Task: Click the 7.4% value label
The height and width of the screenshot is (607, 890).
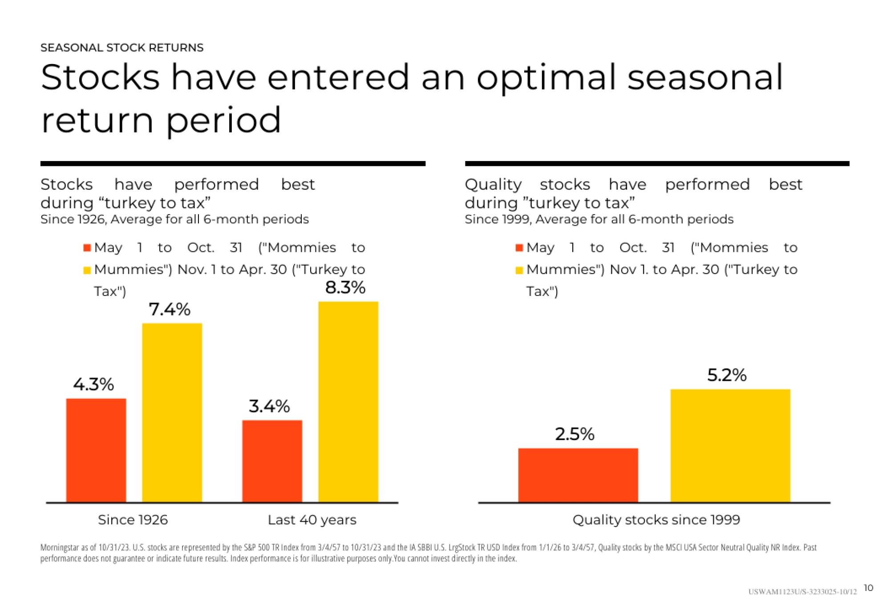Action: (170, 309)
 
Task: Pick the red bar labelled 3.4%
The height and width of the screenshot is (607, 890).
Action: (272, 461)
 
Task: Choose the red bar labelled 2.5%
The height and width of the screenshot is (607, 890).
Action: (578, 475)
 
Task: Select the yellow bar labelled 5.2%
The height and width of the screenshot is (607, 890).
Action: (730, 445)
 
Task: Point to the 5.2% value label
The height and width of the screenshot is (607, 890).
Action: (727, 375)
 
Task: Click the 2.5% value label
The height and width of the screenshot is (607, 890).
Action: (574, 434)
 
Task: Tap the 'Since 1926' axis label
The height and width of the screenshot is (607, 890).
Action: (133, 520)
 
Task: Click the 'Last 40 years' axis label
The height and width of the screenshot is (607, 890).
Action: (312, 520)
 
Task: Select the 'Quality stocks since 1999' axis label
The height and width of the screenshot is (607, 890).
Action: (656, 520)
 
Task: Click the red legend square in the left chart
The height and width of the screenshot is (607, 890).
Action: (87, 248)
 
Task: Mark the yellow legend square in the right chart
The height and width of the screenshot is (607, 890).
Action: (519, 270)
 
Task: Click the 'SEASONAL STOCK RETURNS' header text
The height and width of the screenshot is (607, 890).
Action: (121, 48)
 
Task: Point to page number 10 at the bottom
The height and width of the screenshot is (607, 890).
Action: (868, 588)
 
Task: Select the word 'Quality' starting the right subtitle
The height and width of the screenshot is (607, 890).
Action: (493, 185)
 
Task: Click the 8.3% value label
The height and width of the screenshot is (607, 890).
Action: (345, 288)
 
